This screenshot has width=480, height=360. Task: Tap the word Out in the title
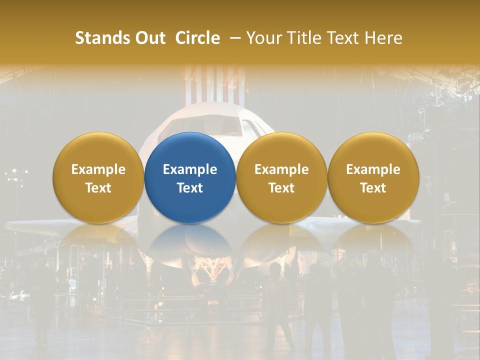tap(150, 38)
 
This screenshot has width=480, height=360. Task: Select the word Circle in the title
tap(197, 38)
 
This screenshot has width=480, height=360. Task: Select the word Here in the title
tap(383, 38)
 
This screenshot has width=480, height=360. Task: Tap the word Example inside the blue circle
tap(190, 169)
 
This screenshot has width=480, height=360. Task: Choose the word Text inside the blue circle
tap(190, 188)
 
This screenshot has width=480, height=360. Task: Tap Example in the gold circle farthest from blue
tap(373, 169)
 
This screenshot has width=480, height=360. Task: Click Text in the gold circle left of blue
tap(98, 188)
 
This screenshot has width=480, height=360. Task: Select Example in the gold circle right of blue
tap(281, 169)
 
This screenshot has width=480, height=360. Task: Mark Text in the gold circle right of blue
tap(281, 188)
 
